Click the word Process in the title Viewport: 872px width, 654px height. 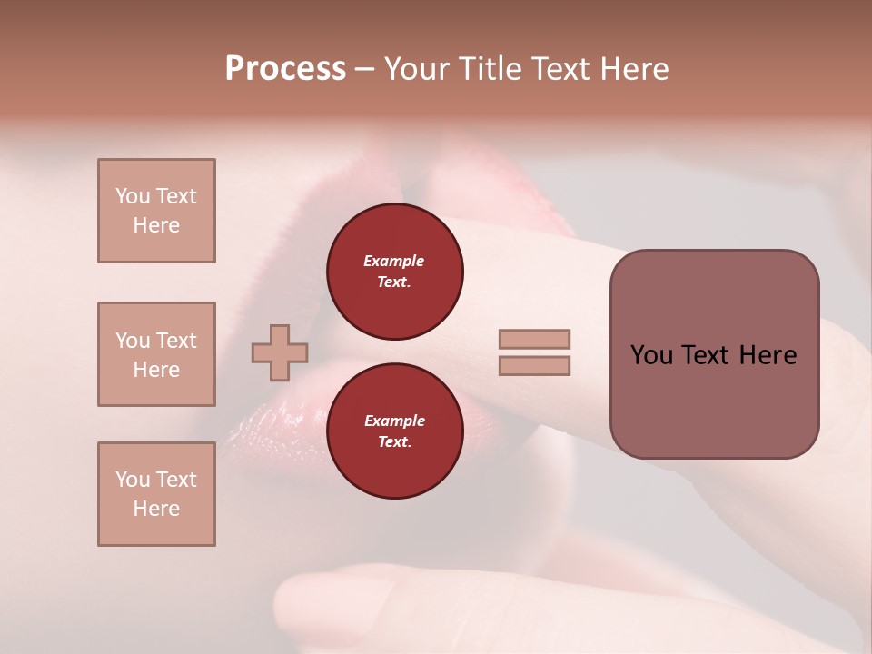coord(285,69)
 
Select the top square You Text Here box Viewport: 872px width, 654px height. coord(156,211)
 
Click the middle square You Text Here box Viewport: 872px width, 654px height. coord(156,354)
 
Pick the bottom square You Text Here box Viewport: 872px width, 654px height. coord(156,494)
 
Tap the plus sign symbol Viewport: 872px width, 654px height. coord(280,353)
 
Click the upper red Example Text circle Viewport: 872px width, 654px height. coord(395,272)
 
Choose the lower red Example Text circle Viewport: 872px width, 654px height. coord(395,431)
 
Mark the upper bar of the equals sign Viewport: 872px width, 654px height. coord(534,339)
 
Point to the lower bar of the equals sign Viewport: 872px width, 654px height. coord(534,365)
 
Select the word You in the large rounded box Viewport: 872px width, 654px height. coord(651,355)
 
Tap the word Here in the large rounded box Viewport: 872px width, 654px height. coord(768,355)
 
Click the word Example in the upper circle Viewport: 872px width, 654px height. coord(394,261)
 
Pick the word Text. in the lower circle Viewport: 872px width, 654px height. coord(394,442)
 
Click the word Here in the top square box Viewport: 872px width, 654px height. coord(156,225)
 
